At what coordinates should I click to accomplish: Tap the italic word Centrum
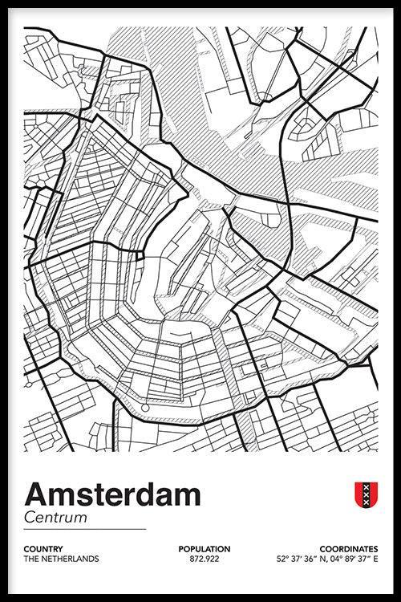(55, 518)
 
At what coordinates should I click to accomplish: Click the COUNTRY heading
(44, 549)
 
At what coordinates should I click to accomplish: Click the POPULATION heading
(205, 549)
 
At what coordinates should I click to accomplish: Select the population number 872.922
(205, 559)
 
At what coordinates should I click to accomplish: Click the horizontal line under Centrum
(84, 530)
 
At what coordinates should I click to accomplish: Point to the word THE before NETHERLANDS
(31, 559)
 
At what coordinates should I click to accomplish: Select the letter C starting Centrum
(30, 518)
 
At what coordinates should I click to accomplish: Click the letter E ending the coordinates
(375, 559)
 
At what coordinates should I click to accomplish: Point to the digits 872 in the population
(196, 559)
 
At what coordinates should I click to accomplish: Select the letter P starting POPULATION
(181, 549)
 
